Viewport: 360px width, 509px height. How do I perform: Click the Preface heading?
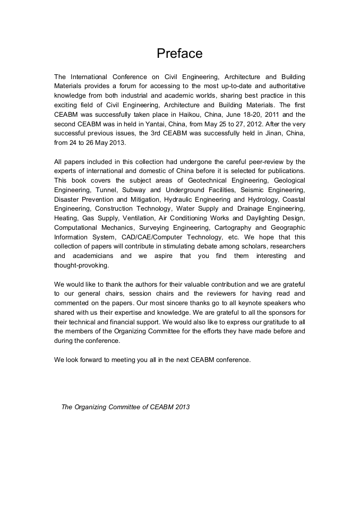click(x=179, y=54)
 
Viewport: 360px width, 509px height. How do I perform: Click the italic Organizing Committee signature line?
click(x=125, y=407)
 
